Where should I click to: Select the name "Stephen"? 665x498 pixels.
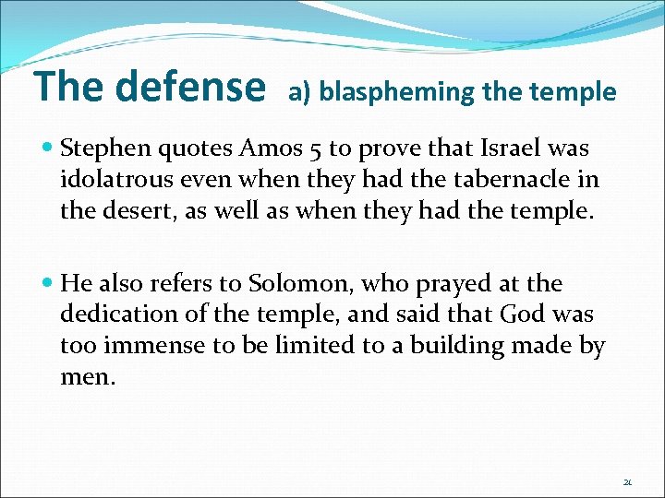pyautogui.click(x=102, y=148)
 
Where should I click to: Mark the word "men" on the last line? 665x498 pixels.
pyautogui.click(x=85, y=378)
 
